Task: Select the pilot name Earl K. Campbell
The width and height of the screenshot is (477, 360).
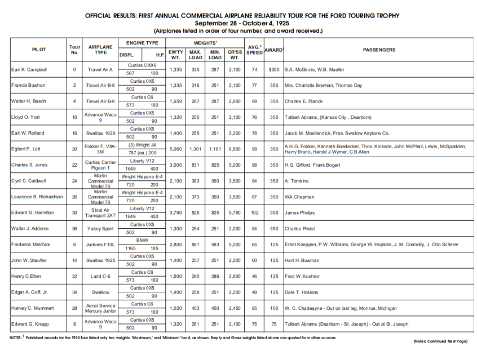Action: (x=29, y=70)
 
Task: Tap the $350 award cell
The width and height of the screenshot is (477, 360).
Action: (x=274, y=70)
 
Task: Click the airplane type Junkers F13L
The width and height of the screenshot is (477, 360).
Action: (x=100, y=245)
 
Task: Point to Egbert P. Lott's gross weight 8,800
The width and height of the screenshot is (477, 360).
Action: (x=235, y=149)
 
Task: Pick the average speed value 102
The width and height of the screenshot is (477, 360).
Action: (x=255, y=212)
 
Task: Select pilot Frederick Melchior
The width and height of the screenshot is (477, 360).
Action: (x=31, y=245)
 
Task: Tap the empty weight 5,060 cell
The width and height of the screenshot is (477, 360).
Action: (x=176, y=149)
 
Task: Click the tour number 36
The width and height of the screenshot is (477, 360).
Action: (x=74, y=229)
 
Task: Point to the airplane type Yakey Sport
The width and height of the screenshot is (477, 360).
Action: (x=100, y=229)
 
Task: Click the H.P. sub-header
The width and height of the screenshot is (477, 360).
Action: (x=160, y=55)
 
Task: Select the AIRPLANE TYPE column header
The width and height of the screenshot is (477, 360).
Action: (x=100, y=50)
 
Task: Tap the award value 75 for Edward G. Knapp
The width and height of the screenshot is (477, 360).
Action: (x=274, y=324)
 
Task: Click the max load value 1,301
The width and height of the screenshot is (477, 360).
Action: (x=196, y=149)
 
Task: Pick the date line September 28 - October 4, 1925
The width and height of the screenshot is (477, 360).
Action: (x=238, y=23)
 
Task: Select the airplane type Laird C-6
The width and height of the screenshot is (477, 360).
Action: (x=100, y=277)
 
